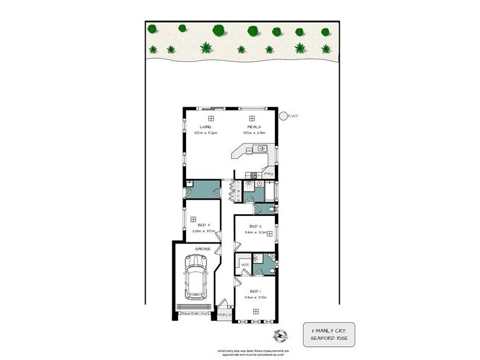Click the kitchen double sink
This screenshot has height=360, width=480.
coord(259,148)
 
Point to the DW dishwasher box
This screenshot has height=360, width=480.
coord(248,151)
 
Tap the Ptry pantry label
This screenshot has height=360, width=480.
coord(269,174)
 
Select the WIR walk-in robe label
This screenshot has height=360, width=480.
coord(244,264)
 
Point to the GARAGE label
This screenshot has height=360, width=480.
coord(202,247)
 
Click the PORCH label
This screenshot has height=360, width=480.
coord(224,314)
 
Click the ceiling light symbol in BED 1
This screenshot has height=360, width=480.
coord(256,311)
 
